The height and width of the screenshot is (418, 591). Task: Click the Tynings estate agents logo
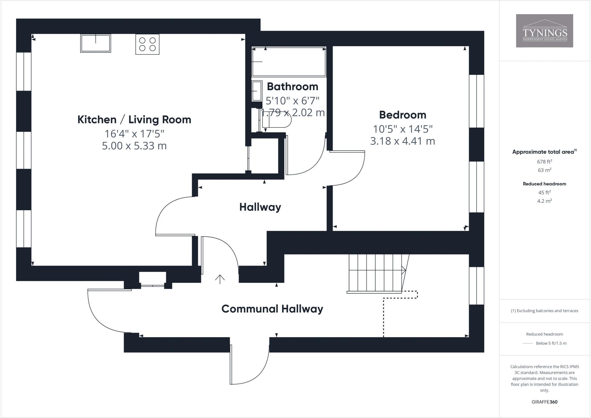click(x=544, y=31)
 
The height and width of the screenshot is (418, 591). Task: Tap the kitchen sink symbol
click(x=96, y=43)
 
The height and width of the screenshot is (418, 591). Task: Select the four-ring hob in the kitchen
click(x=147, y=44)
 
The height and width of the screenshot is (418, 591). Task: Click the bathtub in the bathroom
click(x=289, y=62)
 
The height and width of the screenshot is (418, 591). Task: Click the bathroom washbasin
click(x=257, y=91)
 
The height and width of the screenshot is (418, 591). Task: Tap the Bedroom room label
click(x=403, y=115)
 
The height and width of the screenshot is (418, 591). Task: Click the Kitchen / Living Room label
click(x=134, y=119)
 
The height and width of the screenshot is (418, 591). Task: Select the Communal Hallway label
click(x=272, y=309)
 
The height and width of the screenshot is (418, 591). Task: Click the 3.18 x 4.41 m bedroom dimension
click(x=403, y=141)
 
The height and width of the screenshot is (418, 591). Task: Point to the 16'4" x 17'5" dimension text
click(x=134, y=134)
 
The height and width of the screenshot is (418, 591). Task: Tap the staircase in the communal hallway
click(x=375, y=273)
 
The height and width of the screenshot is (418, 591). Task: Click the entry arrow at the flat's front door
click(x=220, y=279)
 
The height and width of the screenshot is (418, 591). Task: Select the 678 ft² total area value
click(x=544, y=162)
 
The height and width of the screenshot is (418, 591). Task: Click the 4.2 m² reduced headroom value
click(x=544, y=201)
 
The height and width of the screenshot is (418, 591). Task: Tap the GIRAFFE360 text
click(x=544, y=402)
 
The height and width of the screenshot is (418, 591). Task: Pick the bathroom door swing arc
click(x=312, y=165)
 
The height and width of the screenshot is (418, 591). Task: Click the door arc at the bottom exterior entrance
click(x=257, y=373)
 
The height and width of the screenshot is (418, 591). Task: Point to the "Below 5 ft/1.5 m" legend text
click(x=551, y=343)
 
